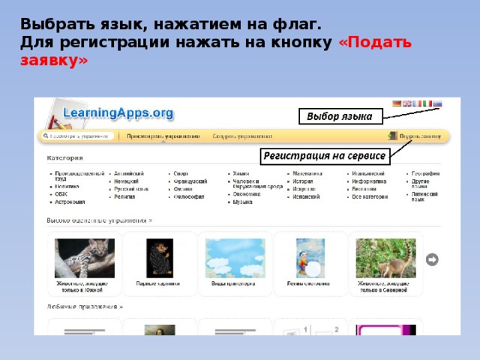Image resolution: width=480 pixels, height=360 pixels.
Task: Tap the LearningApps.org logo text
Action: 118,113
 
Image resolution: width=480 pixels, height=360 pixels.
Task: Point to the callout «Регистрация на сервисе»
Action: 324,156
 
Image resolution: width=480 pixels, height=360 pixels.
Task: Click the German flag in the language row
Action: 397,104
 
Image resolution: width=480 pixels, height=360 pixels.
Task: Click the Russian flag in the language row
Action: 438,104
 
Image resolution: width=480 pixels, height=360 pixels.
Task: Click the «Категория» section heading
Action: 64,158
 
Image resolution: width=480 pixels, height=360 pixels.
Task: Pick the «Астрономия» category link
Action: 70,202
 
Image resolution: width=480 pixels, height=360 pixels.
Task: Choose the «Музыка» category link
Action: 242,202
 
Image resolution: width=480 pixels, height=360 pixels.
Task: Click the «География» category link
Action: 424,173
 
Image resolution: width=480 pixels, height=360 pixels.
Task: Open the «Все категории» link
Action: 370,196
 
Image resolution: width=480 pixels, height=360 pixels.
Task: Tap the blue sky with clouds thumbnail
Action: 235,257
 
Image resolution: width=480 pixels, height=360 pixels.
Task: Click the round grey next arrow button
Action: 432,259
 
